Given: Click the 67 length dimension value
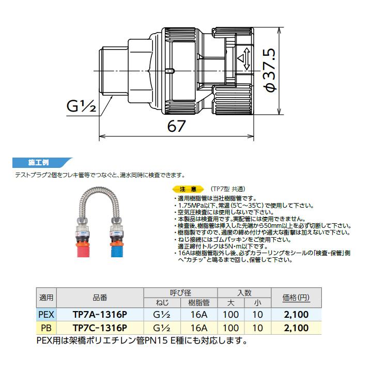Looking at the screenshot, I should click(176, 126).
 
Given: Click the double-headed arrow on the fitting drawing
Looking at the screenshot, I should click(246, 59).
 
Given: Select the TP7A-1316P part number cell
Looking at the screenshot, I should click(100, 314).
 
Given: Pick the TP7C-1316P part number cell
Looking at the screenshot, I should click(100, 328).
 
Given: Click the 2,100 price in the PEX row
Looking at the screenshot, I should click(296, 314).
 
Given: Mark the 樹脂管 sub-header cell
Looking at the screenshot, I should click(198, 302).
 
